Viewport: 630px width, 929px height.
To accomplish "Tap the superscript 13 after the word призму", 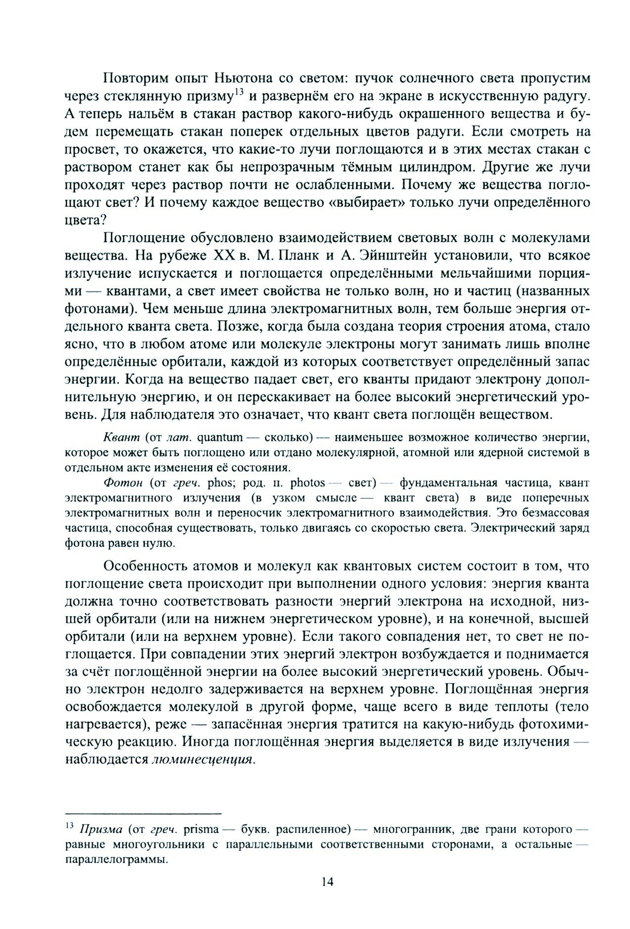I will [x=239, y=92].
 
